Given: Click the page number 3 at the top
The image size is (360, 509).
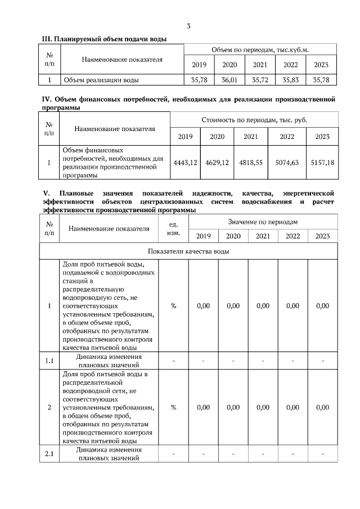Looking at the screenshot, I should coord(188,26).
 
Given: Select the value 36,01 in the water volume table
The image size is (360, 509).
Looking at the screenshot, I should coord(229,80).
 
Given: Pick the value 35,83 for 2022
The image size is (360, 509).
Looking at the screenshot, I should coord(290,80).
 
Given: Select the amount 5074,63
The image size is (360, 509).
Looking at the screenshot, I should coord(287,163).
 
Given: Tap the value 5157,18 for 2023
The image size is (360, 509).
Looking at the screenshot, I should coord(322,163).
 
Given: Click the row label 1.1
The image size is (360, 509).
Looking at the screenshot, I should coord(49,361).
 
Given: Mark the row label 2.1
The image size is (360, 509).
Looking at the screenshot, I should coord(49,454).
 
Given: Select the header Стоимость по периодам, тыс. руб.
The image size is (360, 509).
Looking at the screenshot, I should coord(254,120).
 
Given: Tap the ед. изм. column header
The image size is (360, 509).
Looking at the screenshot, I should coord(173,229).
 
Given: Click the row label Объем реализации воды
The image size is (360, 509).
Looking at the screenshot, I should coord(101,80).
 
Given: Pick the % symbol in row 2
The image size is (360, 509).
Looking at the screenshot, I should coord(173,407).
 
